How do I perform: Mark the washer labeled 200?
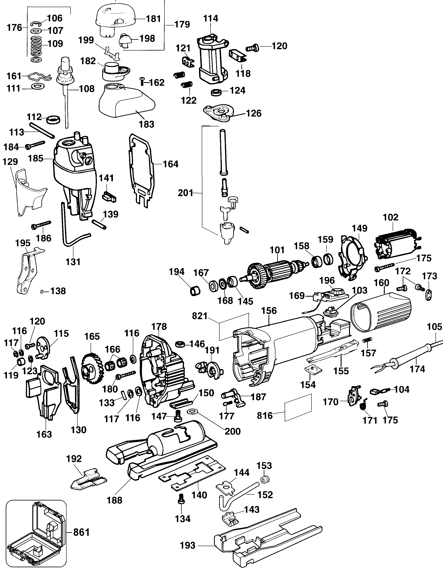pyautogui.click(x=193, y=412)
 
